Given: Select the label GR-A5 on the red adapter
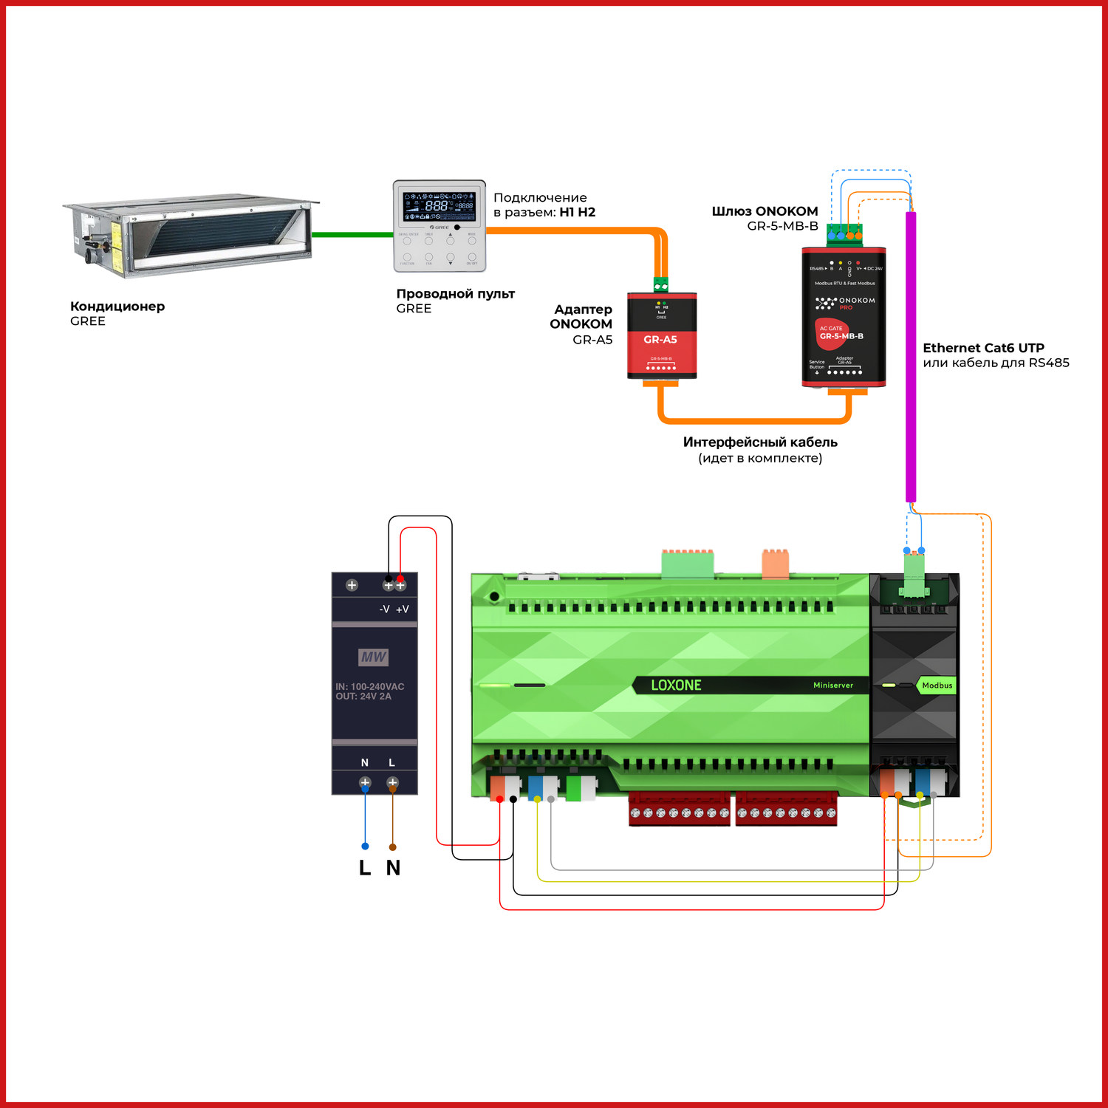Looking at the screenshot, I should pos(660,340).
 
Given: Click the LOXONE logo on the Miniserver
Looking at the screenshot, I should pos(676,685).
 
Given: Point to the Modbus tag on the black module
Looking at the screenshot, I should pos(937,685).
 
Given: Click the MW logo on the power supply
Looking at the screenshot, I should pos(374,657).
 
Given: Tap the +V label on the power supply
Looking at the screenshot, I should pos(403,609).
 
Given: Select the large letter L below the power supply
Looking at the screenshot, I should pos(365,868).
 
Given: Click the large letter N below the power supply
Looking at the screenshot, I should pos(393,868).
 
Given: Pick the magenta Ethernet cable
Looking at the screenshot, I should pos(911,355).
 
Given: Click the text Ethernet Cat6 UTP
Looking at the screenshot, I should pos(983,348).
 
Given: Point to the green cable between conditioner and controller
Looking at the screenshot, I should pos(352,235).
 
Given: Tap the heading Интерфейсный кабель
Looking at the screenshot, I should pos(760,442).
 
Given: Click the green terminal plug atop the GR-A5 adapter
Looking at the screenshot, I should pos(661,285).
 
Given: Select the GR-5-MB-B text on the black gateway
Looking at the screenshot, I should pos(841,336).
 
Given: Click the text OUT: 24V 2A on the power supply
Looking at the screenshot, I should pos(363,697).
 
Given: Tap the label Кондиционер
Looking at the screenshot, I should pos(117,307).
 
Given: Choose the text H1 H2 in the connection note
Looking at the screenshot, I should pos(577,213).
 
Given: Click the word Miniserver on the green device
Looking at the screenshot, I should pos(833,685).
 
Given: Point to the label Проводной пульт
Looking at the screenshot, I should pos(455,294).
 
